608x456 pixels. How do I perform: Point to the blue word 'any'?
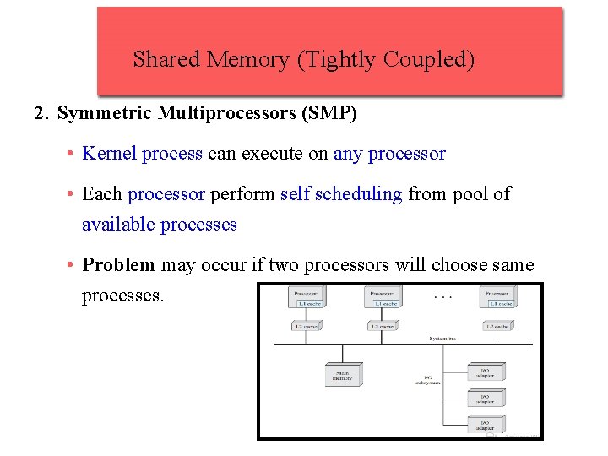347,154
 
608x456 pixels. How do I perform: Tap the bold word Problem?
118,265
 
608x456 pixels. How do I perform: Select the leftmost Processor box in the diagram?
307,298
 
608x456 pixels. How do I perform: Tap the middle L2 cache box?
383,325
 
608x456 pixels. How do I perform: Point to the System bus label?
442,338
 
